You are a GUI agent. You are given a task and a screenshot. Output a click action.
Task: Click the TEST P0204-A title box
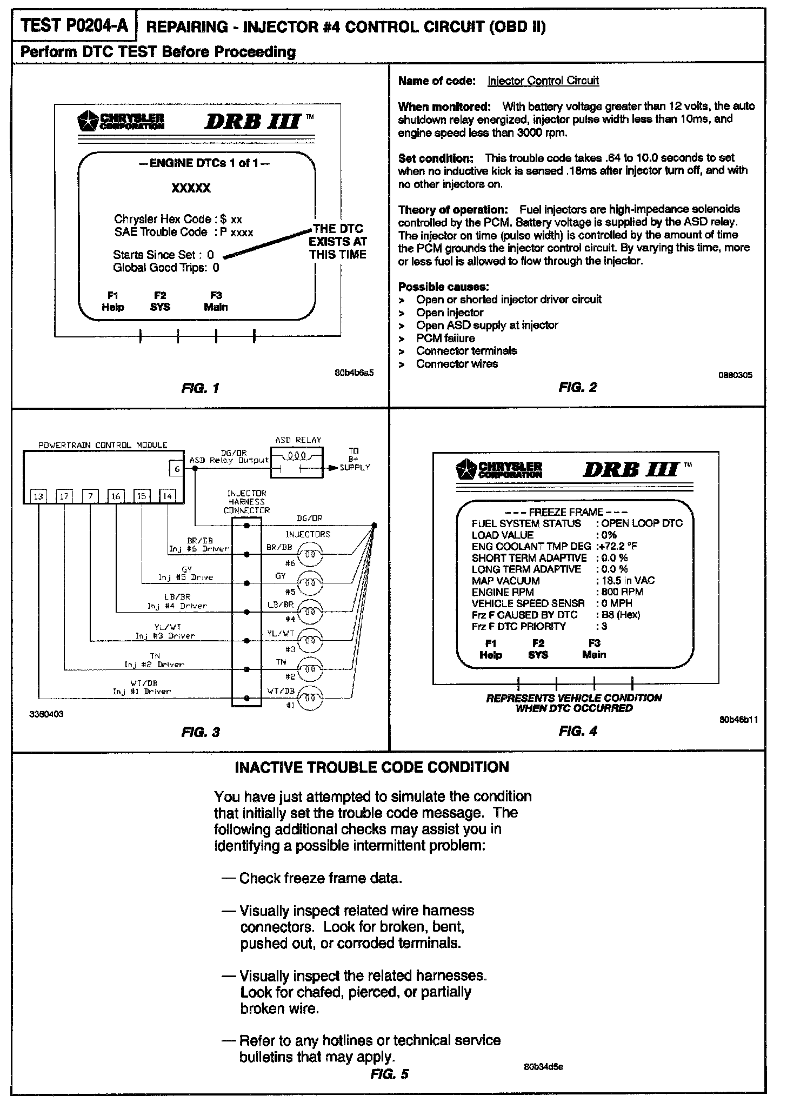coord(74,26)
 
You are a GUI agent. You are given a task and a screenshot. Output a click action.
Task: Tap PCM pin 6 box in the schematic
coord(177,469)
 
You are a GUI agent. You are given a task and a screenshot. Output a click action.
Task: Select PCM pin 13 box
coord(38,496)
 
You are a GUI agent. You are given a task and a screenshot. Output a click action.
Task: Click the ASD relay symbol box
coord(297,463)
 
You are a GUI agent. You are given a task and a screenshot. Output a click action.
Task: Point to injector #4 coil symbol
coord(310,612)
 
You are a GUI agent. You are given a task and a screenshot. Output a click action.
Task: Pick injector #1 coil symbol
coord(310,698)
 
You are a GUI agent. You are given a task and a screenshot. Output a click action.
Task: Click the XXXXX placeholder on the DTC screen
coord(191,188)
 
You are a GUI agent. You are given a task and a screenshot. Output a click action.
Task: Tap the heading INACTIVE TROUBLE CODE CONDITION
coord(372,767)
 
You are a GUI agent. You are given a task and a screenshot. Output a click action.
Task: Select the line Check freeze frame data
coord(321,878)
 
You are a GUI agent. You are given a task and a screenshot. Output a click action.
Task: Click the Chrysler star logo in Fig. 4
coord(463,468)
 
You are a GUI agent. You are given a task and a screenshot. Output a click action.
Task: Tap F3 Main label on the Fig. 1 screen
coord(216,302)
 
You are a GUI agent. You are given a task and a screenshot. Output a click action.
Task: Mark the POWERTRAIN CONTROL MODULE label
coord(103,445)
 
